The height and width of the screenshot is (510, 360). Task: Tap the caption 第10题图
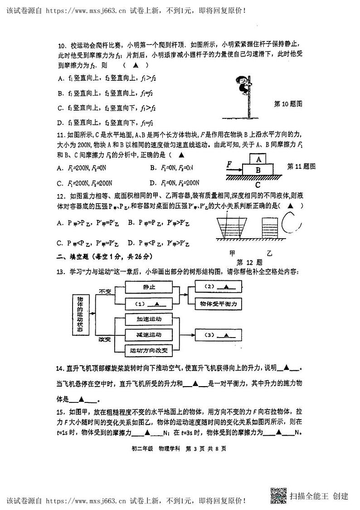pos(288,104)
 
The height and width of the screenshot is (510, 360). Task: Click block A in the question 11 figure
pos(258,160)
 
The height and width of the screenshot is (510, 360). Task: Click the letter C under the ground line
pos(258,185)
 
